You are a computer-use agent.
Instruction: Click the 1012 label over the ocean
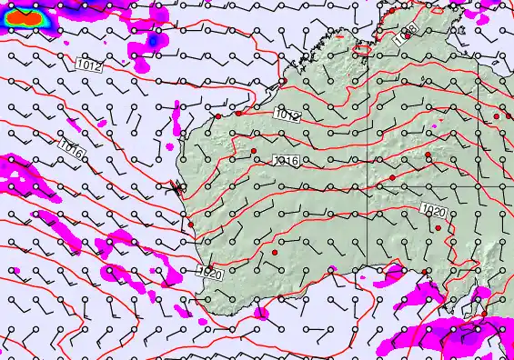pyautogui.click(x=89, y=65)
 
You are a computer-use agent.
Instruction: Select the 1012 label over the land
pyautogui.click(x=287, y=115)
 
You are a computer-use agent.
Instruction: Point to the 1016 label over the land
pyautogui.click(x=286, y=161)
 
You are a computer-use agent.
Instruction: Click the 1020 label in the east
pyautogui.click(x=434, y=211)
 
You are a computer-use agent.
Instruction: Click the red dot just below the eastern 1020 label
pyautogui.click(x=438, y=227)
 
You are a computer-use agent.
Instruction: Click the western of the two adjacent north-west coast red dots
pyautogui.click(x=218, y=116)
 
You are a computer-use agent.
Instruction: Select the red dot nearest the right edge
pyautogui.click(x=497, y=116)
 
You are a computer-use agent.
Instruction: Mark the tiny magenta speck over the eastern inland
pyautogui.click(x=437, y=125)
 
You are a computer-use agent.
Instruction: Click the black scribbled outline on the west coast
pyautogui.click(x=176, y=187)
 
